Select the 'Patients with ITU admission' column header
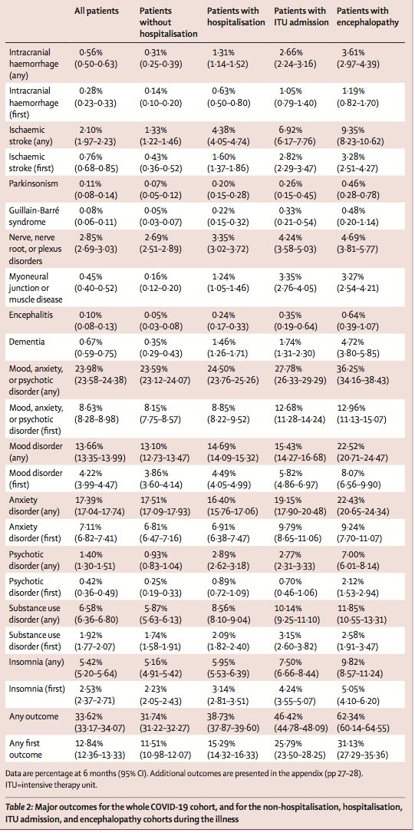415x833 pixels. click(299, 16)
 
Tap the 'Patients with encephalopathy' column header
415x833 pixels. click(367, 16)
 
